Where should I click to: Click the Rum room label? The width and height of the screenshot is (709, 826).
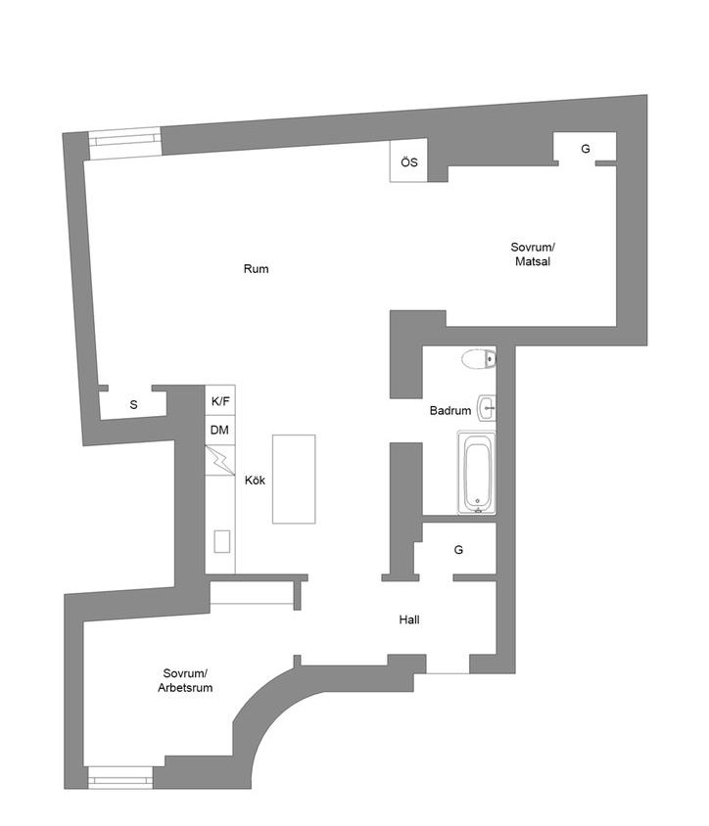coord(257,269)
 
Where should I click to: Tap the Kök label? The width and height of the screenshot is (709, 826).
coord(255,480)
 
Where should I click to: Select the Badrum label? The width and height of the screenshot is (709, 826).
coord(450,410)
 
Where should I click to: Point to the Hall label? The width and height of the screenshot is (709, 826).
coord(409,619)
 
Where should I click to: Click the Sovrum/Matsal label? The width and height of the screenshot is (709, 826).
coord(533,253)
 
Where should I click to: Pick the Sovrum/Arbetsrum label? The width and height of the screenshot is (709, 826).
coord(185,680)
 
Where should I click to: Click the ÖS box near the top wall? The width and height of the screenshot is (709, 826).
coord(408,161)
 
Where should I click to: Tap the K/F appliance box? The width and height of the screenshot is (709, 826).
coord(220,401)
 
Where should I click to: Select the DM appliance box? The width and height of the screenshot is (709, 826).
coord(220,431)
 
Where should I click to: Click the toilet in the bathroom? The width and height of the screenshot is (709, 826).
coord(479,359)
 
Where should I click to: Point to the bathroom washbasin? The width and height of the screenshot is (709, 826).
coord(487,408)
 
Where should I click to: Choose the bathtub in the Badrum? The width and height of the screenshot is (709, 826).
coord(477,472)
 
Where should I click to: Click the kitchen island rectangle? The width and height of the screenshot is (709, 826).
coord(294,479)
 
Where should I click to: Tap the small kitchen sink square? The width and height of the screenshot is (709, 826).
coord(222,541)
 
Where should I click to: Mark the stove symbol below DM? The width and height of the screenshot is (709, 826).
coord(220,460)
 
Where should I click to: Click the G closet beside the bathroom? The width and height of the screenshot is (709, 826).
coord(458,549)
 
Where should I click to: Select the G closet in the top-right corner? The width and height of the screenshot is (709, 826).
coord(586,149)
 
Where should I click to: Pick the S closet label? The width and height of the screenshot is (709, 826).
coord(133,404)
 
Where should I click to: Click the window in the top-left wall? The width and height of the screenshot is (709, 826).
coord(125,143)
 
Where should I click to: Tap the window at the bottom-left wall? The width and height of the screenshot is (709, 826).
coord(120,777)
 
